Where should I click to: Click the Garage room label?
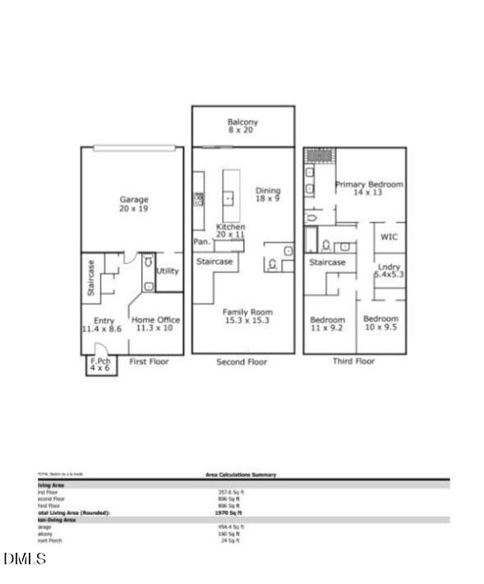click(133, 204)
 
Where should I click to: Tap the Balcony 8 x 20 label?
click(242, 127)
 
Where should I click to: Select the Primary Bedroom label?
click(369, 189)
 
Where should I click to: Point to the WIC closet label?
click(389, 237)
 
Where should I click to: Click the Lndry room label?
click(389, 271)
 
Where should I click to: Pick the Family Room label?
click(247, 317)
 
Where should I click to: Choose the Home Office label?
click(156, 324)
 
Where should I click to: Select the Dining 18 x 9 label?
click(268, 193)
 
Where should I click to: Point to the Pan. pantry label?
click(201, 242)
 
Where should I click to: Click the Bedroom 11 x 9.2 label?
click(327, 323)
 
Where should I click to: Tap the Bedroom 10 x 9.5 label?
click(380, 323)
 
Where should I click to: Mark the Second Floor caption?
click(242, 362)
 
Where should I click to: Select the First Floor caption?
click(149, 362)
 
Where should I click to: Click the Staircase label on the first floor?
click(91, 278)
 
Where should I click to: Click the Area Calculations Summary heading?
click(241, 475)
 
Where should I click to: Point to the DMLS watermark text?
click(25, 559)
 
